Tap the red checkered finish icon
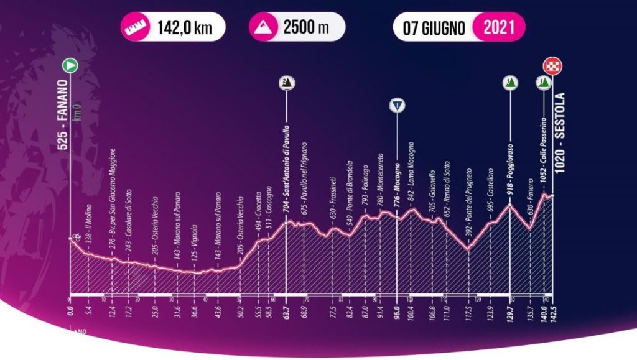(x=551, y=65)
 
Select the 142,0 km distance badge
(x=174, y=28)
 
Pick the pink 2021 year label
(x=498, y=28)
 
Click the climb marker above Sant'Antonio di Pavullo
(x=286, y=83)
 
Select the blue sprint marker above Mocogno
(x=396, y=104)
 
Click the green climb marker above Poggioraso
(x=509, y=83)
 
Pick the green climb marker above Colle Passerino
(x=543, y=83)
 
